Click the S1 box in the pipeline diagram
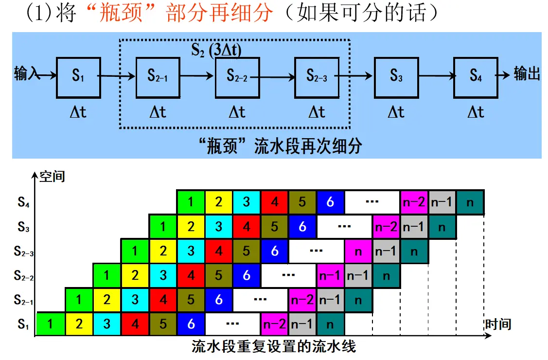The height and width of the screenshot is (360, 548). pos(79,77)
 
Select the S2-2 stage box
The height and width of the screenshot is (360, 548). pos(237,77)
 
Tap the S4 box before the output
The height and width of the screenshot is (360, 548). pos(476,77)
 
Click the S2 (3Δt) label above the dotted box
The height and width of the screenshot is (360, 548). pos(216,50)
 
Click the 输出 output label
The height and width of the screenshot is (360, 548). pos(527,74)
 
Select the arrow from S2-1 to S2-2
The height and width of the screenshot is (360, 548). pos(197,75)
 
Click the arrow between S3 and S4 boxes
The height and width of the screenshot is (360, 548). pos(437,75)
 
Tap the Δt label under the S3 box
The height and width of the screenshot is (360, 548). pos(396,112)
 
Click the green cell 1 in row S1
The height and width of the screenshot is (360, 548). pos(51,324)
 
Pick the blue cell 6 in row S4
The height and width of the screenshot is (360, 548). pos(330,202)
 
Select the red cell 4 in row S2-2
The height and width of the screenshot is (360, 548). pos(191,275)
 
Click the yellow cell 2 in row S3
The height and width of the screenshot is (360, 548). pos(191,227)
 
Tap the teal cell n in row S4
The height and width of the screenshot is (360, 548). pos(470,202)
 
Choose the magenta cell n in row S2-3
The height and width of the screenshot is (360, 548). pos(358,251)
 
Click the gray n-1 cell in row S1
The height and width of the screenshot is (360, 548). pos(302,324)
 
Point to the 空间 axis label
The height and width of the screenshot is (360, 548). pos(52,177)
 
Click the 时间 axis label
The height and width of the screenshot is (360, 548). pos(498,324)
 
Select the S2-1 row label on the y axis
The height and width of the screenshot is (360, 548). pos(23,300)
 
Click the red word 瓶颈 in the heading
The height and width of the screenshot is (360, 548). pos(121,13)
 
